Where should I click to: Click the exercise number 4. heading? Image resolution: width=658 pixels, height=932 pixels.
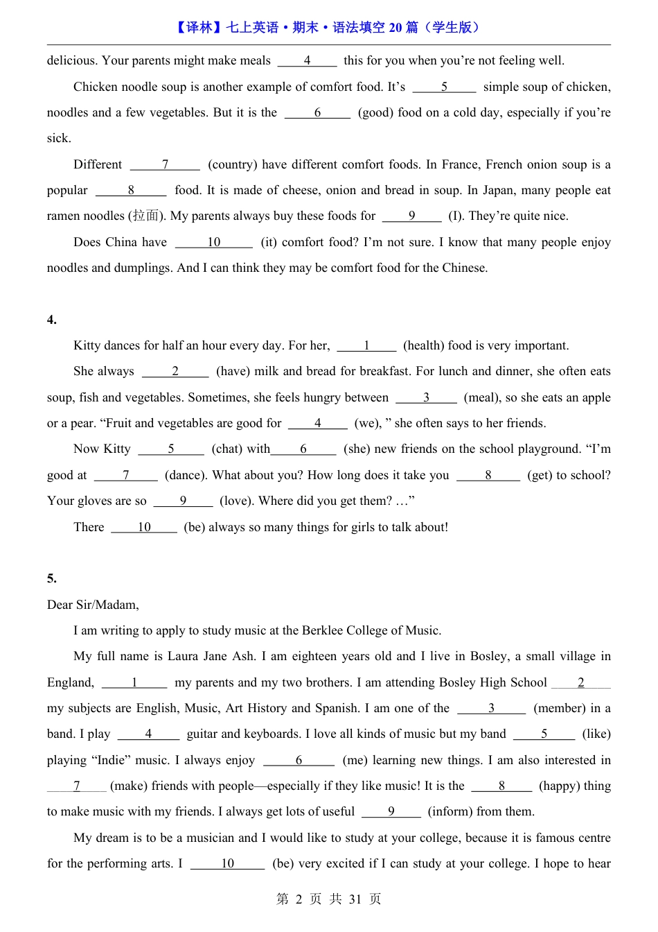click(x=52, y=320)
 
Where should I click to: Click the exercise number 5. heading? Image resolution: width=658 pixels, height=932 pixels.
click(x=52, y=578)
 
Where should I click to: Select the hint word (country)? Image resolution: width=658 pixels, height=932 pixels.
click(x=233, y=164)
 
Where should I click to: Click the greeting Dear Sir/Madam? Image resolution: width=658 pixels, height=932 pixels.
click(x=93, y=605)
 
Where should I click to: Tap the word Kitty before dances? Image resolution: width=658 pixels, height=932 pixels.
click(x=88, y=345)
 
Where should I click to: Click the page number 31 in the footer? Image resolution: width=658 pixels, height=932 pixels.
click(x=355, y=899)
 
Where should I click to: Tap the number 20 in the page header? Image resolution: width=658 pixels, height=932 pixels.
click(x=395, y=28)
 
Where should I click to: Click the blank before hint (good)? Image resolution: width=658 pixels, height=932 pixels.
click(x=318, y=113)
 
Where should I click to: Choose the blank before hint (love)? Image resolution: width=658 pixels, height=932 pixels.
click(x=183, y=501)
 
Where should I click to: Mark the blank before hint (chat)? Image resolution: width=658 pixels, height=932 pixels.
click(x=171, y=449)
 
